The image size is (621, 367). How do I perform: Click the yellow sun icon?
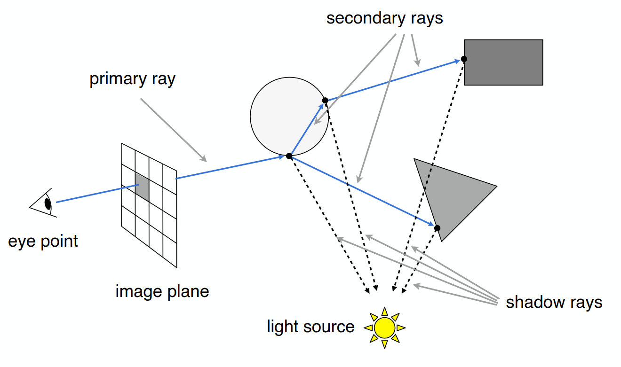coord(384,328)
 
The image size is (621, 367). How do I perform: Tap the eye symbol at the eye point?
coord(44,203)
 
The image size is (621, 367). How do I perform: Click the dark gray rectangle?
coord(503,62)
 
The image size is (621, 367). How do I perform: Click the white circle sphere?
coord(289,117)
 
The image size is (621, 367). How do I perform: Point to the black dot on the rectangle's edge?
coord(464,59)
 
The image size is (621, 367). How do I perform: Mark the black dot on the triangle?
coord(437,228)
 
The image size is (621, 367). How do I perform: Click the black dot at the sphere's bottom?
coord(289,156)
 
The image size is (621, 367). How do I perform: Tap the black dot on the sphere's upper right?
coord(325,100)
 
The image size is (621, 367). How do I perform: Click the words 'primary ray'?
coord(133,79)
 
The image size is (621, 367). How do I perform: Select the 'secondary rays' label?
coord(384,18)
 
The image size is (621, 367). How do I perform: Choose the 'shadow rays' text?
coord(554,302)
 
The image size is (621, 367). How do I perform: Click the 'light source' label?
coord(310,326)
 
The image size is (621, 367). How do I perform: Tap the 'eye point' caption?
coord(43,241)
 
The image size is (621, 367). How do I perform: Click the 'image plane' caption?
coord(162,291)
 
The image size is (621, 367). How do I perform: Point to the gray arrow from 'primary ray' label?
coord(174,130)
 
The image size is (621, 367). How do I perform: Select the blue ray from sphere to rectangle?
coord(393,80)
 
